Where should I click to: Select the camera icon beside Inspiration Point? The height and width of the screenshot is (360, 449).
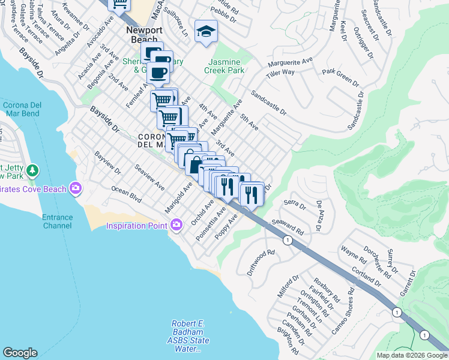tap(176, 225)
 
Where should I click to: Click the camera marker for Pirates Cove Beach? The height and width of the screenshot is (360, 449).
tap(76, 189)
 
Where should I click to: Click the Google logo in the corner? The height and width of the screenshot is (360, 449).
tap(20, 353)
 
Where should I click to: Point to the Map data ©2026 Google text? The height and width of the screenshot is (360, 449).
tap(412, 355)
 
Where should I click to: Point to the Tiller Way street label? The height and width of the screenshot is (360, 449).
tap(280, 72)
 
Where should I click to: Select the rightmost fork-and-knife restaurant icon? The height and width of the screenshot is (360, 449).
tap(251, 193)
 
